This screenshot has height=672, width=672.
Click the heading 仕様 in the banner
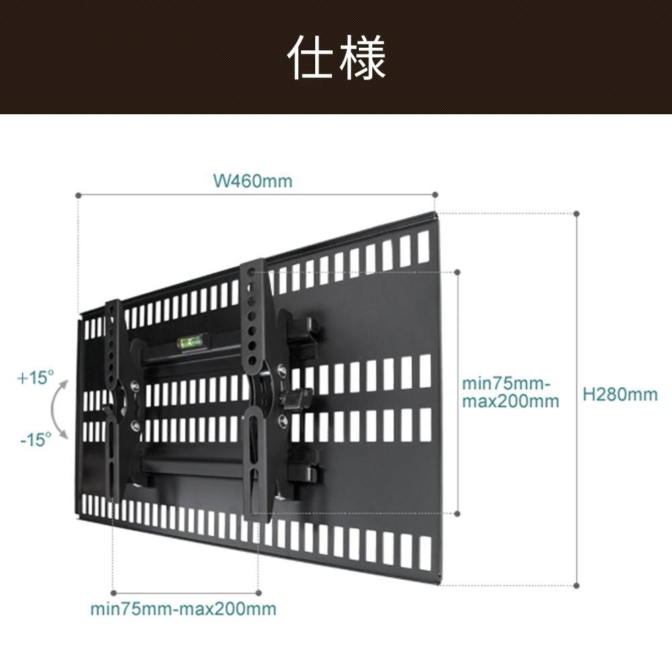(x=337, y=58)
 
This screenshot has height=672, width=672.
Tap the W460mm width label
(x=253, y=181)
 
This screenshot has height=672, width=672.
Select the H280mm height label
(x=620, y=394)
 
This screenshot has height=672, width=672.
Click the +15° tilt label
(x=36, y=378)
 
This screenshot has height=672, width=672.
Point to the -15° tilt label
(x=36, y=439)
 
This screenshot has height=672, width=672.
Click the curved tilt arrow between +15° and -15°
(x=52, y=409)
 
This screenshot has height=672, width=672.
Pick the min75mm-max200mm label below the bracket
(x=183, y=609)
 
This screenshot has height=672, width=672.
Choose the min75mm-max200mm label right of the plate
(x=510, y=392)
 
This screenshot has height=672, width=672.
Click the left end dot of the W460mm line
(x=78, y=196)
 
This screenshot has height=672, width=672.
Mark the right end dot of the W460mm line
(x=435, y=195)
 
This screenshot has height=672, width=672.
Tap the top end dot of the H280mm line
(x=577, y=214)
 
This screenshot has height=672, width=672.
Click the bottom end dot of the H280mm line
(x=577, y=585)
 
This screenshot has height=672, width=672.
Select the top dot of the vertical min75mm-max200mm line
(x=457, y=272)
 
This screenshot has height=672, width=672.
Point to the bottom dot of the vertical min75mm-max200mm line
(x=457, y=513)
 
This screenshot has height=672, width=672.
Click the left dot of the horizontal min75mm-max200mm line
(x=114, y=593)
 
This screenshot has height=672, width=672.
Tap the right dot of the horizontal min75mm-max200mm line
(x=258, y=593)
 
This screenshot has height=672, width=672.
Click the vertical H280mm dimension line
(x=577, y=399)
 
